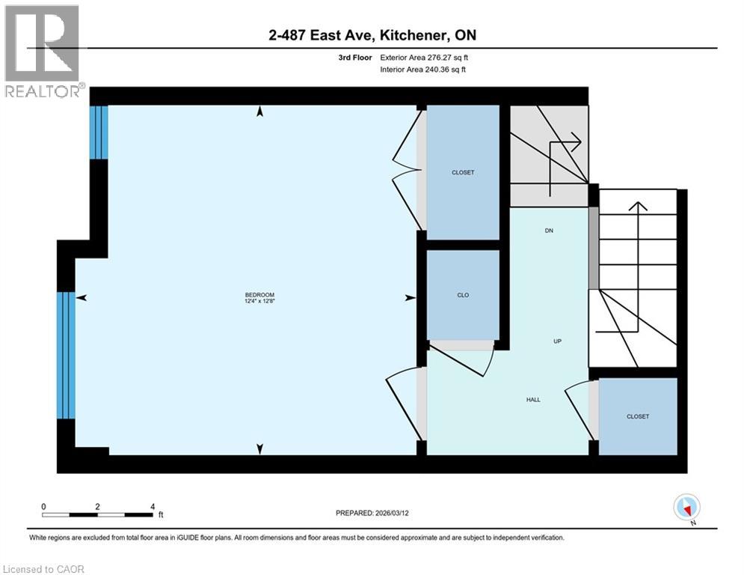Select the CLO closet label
(463, 295)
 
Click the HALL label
(533, 400)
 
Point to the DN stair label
(548, 231)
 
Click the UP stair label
(557, 341)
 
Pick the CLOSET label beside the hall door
(638, 416)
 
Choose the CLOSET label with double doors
(463, 172)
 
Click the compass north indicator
(686, 508)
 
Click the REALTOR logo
(43, 52)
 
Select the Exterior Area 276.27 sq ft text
(423, 57)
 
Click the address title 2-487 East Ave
(372, 35)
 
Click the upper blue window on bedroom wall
(99, 133)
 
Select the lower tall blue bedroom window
(67, 355)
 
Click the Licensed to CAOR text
(44, 569)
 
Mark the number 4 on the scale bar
(153, 506)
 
